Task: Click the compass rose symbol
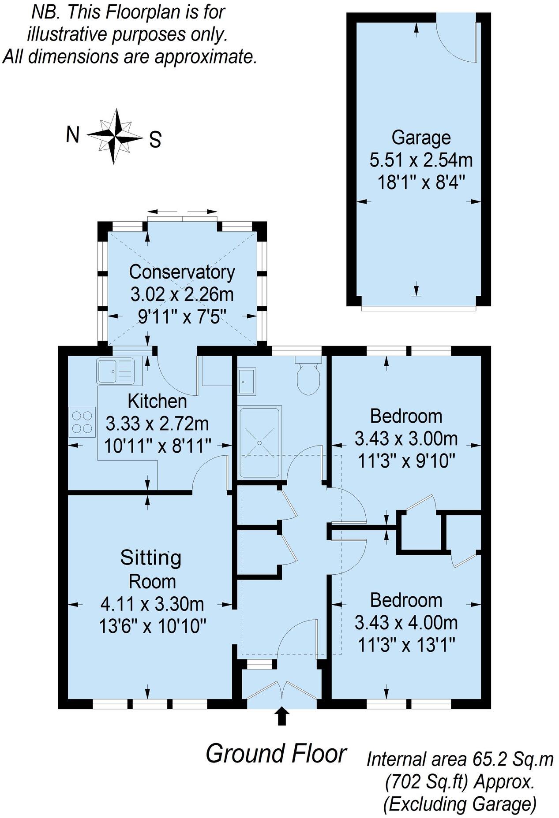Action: pos(116,136)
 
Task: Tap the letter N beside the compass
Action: pos(73,134)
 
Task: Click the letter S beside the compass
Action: pos(155,140)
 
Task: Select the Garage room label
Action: pos(421,138)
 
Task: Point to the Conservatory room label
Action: pos(182,272)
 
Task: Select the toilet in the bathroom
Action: pos(308,378)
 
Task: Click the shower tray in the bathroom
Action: pos(260,442)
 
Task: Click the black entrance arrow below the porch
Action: pos(281,716)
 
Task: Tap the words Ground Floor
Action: pos(276,754)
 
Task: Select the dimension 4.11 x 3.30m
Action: pos(153,604)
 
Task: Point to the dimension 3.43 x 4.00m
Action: pos(406,623)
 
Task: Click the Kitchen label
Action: pos(157,401)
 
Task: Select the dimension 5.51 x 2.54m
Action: pos(421,160)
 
